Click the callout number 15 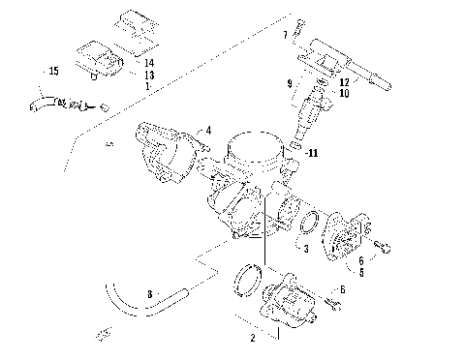click(x=54, y=70)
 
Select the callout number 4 click(x=207, y=130)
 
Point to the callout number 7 click(x=286, y=36)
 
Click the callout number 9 click(x=289, y=84)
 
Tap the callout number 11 click(x=311, y=153)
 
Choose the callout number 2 click(x=253, y=339)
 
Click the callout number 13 click(x=148, y=74)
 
